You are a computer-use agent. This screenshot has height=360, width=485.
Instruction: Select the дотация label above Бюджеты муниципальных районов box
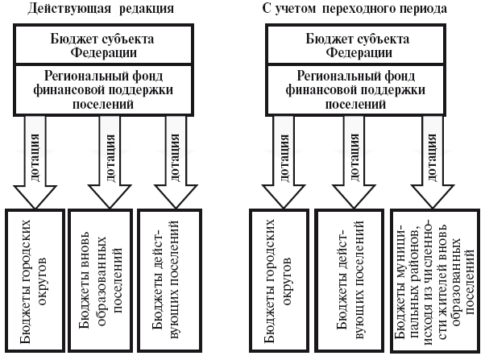coord(438,149)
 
